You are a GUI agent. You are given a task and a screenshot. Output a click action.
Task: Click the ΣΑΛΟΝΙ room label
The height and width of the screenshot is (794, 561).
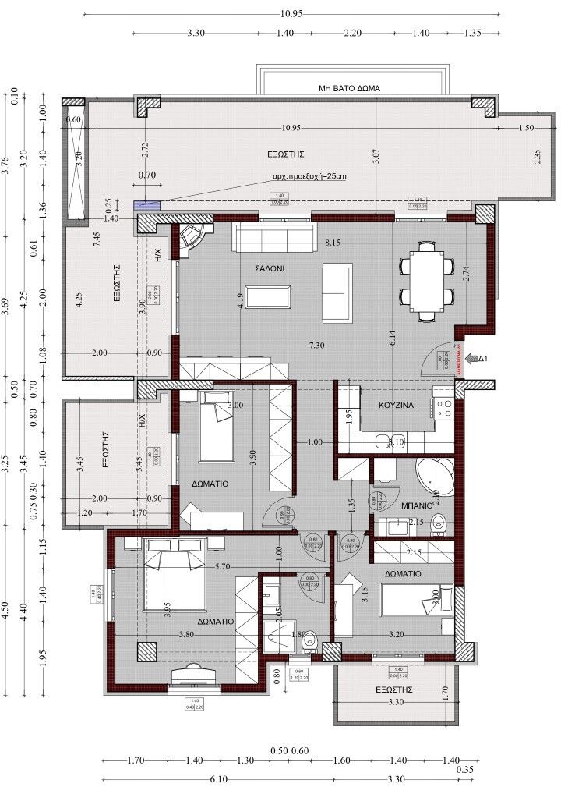pos(270,268)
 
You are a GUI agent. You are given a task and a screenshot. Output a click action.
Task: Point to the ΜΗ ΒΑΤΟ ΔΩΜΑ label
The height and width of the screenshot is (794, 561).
pos(349,89)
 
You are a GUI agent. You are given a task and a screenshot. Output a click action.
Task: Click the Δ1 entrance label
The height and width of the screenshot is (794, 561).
pos(482,358)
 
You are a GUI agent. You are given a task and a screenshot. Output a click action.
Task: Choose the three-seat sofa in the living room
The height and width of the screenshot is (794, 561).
pos(273,238)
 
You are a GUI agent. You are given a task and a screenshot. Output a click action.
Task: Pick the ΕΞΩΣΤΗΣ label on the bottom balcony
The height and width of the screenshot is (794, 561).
pos(393,689)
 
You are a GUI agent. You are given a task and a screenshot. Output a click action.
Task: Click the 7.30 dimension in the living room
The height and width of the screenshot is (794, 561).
pos(316,345)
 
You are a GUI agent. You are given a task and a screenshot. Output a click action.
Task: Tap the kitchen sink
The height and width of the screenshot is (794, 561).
pos(383,442)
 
